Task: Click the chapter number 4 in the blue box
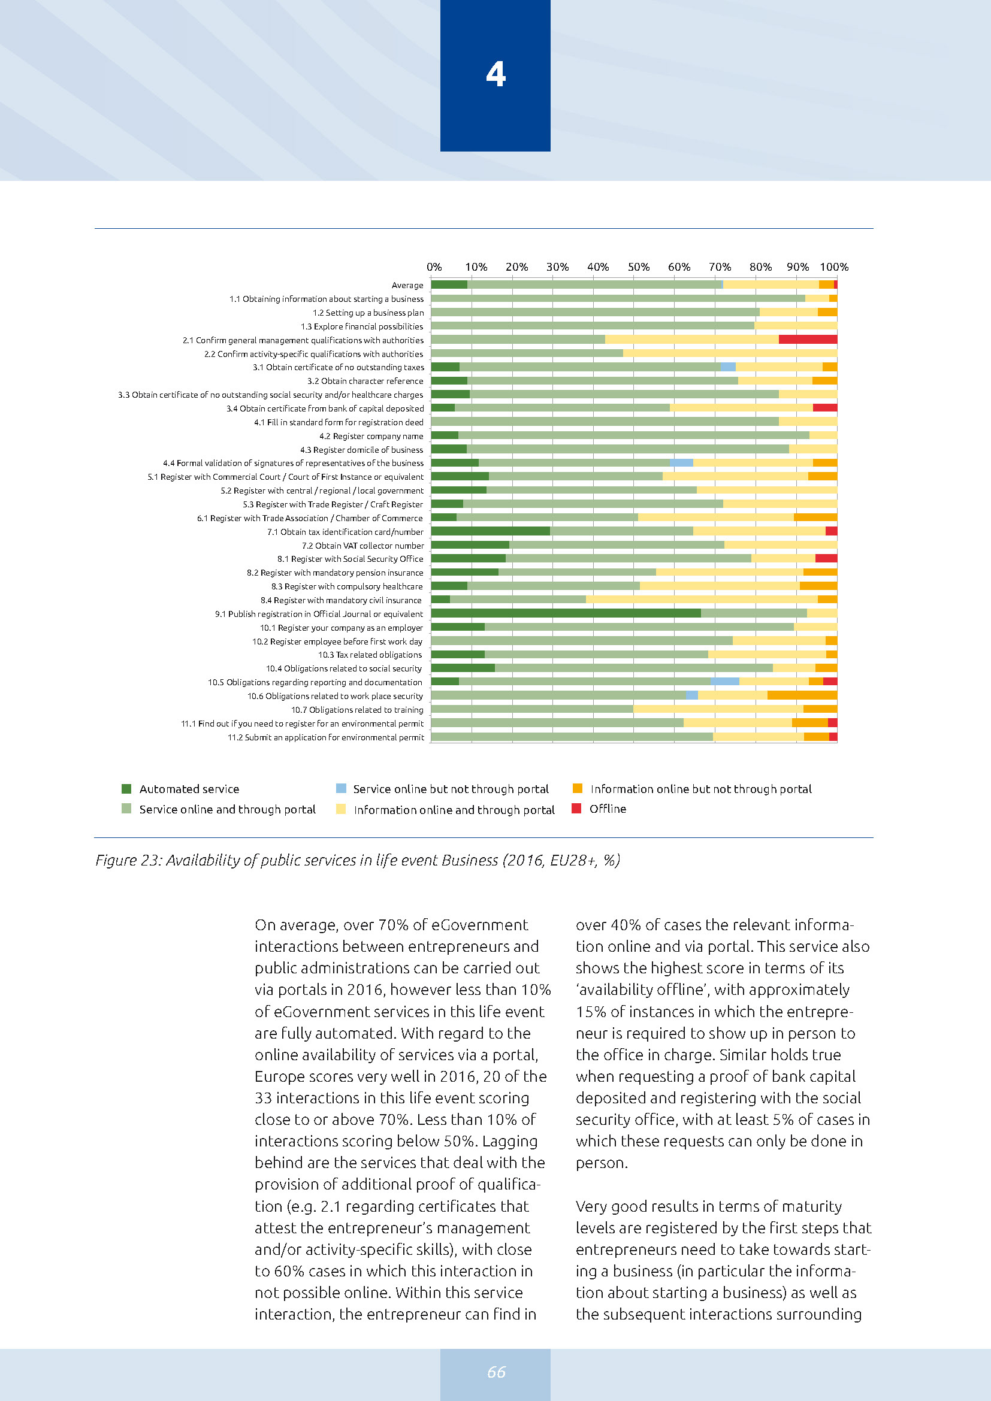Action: (496, 74)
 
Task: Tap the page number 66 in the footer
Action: (496, 1371)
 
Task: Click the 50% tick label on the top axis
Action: (638, 267)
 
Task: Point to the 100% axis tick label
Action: (833, 267)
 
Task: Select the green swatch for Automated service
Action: (126, 788)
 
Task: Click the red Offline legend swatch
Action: (576, 808)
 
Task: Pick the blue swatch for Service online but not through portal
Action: (341, 788)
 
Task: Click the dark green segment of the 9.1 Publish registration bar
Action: (566, 613)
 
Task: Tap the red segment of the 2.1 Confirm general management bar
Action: (807, 339)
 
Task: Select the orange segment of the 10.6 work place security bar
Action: (802, 695)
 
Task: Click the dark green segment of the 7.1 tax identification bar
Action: (491, 531)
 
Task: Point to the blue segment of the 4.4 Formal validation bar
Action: (681, 462)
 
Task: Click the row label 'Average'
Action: (407, 285)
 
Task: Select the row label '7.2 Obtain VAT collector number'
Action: (362, 546)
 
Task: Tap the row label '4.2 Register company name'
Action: (371, 435)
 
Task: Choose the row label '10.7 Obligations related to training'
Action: (357, 710)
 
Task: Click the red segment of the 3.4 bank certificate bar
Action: (824, 408)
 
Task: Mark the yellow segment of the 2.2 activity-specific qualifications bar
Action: (730, 353)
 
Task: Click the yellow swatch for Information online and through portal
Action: (341, 809)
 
